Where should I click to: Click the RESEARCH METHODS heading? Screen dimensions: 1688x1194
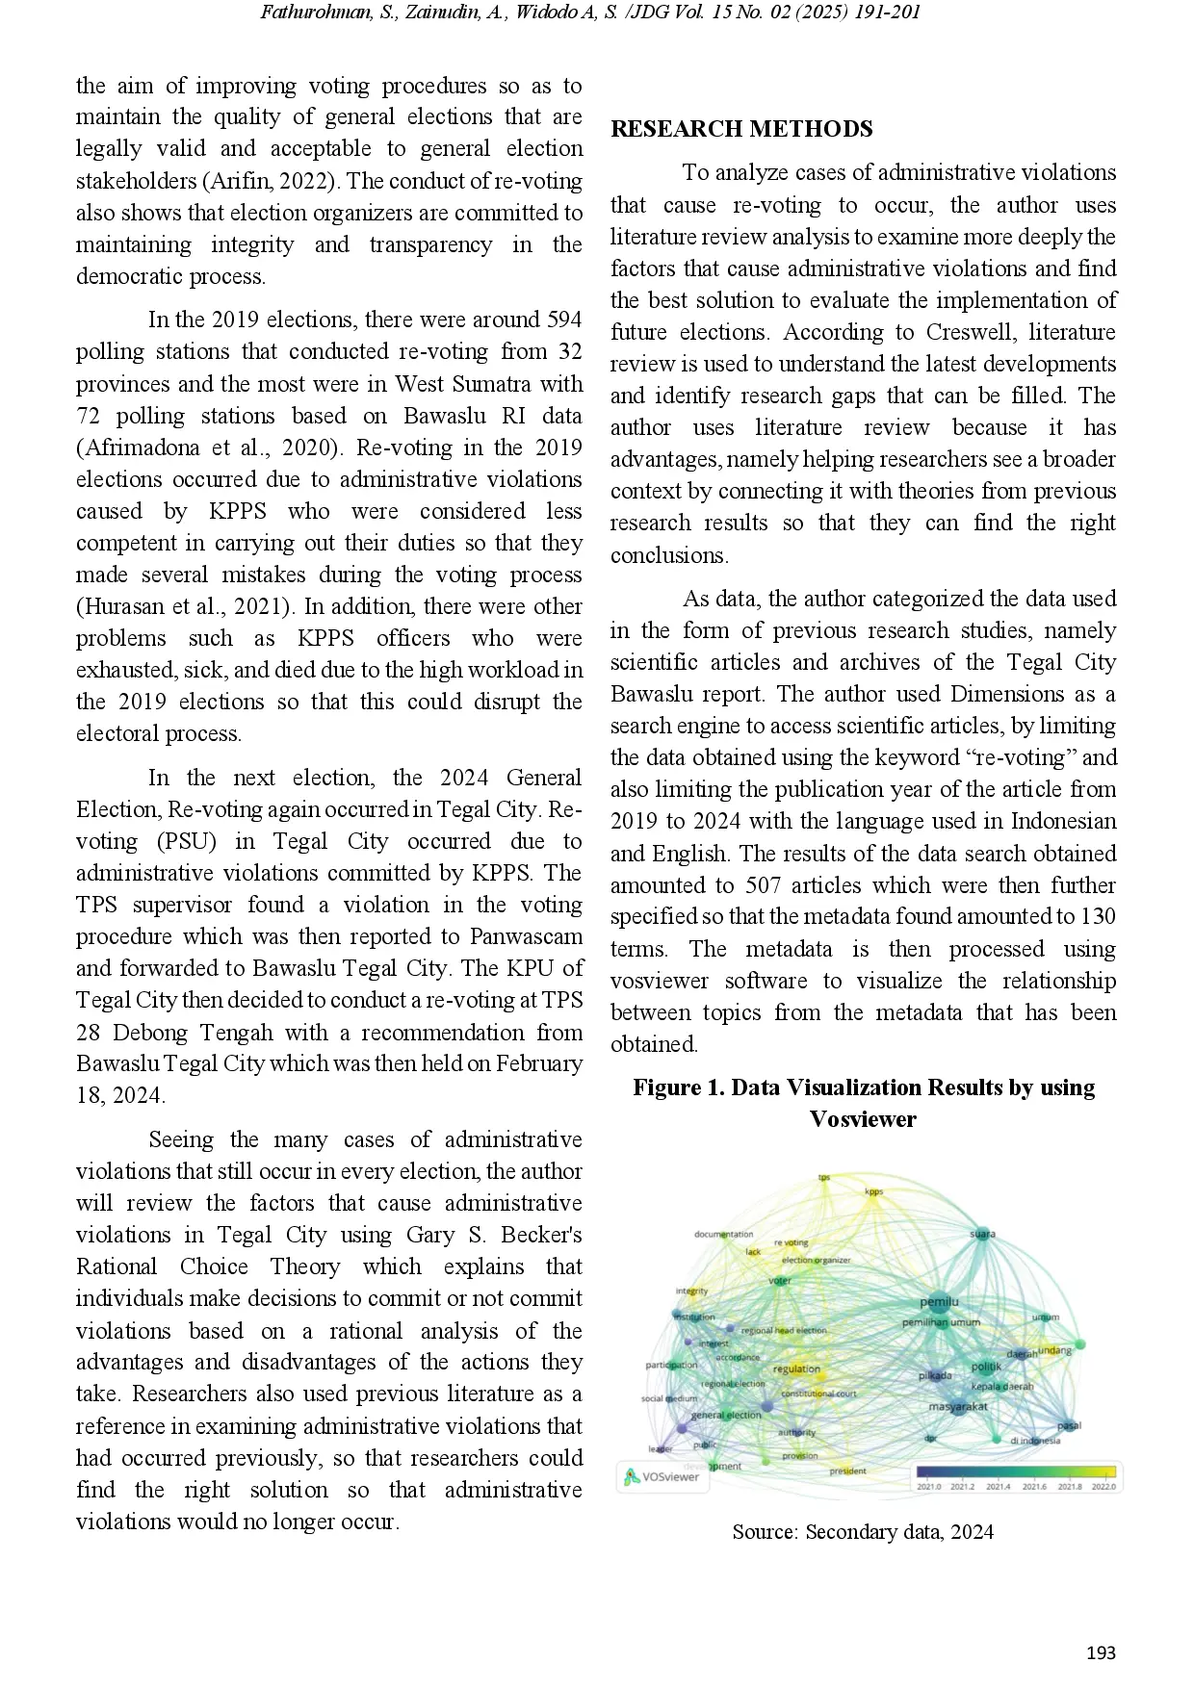[741, 129]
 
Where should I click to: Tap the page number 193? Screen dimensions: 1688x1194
[1101, 1652]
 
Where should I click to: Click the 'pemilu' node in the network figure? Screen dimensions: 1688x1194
[939, 1302]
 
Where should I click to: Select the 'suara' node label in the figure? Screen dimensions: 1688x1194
[981, 1234]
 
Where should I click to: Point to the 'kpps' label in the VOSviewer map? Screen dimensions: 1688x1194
[873, 1191]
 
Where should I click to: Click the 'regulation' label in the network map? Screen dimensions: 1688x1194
[796, 1368]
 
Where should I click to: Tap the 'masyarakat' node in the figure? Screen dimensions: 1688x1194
[958, 1407]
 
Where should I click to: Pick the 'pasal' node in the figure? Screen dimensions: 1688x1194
[1069, 1425]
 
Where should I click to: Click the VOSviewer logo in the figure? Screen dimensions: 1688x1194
[662, 1476]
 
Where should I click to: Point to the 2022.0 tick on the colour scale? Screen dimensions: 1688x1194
[1103, 1487]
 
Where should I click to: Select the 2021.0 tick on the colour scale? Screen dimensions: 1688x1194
[928, 1487]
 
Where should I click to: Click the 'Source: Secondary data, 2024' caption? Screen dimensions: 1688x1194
[863, 1532]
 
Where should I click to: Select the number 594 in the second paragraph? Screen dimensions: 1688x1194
[563, 320]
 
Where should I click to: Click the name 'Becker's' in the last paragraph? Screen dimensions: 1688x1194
[541, 1235]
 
